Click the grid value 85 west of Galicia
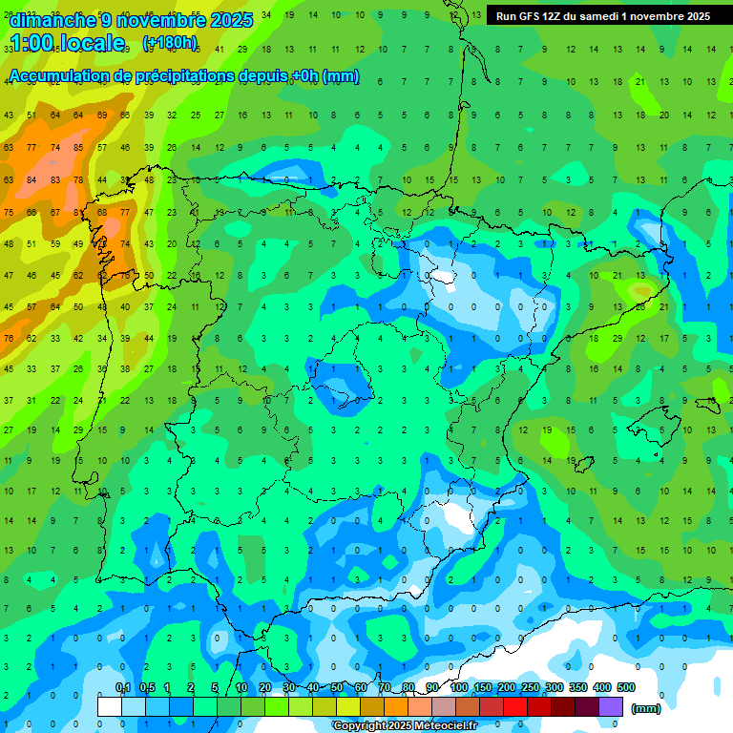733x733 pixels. click(78, 148)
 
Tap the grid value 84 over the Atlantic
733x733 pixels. click(31, 179)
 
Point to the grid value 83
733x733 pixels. click(55, 179)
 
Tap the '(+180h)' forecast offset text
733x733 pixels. click(170, 43)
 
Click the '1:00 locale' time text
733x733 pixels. click(68, 43)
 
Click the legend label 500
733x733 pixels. click(626, 688)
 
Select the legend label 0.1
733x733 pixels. click(123, 688)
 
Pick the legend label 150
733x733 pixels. click(483, 688)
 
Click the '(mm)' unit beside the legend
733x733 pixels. click(646, 708)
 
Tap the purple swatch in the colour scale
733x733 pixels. click(611, 706)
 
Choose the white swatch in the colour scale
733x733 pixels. click(110, 706)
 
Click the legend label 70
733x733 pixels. click(385, 688)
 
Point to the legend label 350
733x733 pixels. click(578, 688)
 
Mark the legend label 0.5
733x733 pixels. click(147, 688)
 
